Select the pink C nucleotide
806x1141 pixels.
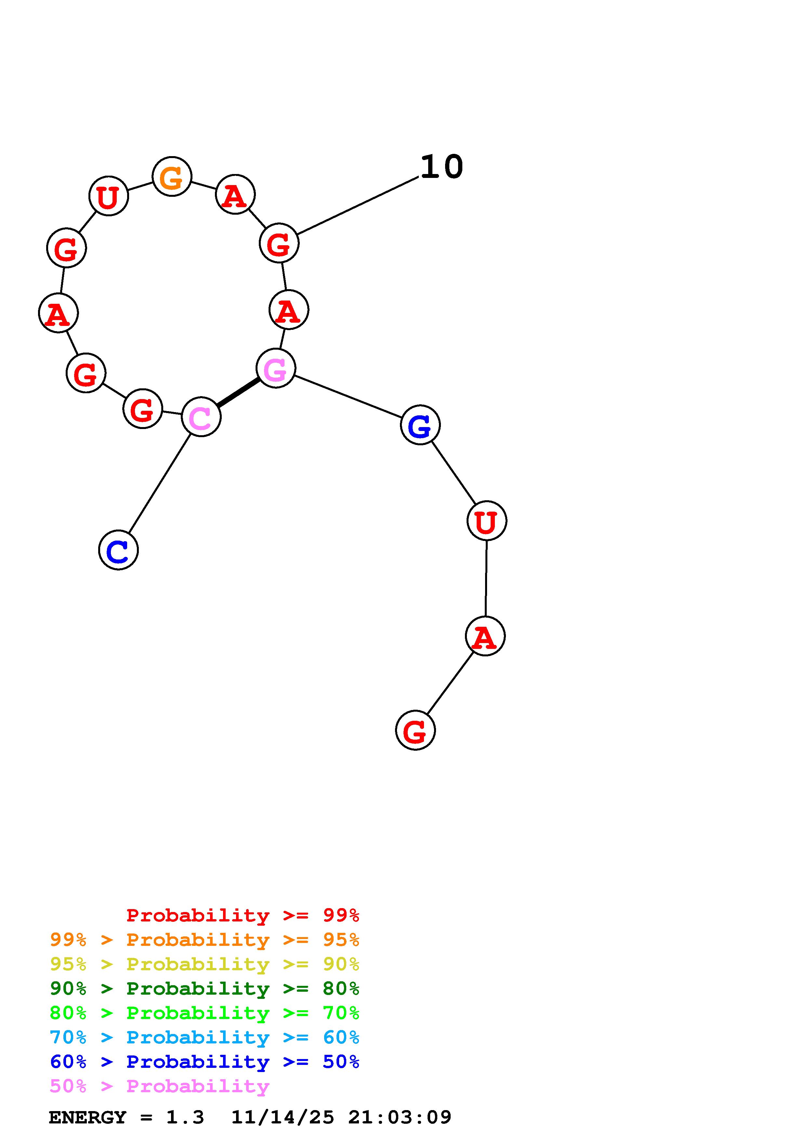pos(201,417)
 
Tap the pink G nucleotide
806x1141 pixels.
pos(276,368)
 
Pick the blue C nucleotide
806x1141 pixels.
pos(118,550)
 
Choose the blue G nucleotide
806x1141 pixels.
pos(420,425)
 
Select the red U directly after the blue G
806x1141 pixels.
pos(487,521)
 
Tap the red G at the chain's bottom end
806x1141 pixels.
pos(415,731)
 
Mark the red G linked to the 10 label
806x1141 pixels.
pos(279,243)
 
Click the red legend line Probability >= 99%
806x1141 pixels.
pos(243,915)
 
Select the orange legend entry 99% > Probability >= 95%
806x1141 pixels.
pos(205,940)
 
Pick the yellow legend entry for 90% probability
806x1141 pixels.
pos(205,964)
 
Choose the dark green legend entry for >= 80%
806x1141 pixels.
pos(205,988)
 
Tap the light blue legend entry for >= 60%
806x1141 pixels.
pos(205,1037)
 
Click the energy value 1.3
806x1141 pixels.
pos(185,1117)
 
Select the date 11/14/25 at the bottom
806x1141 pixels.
pos(283,1117)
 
